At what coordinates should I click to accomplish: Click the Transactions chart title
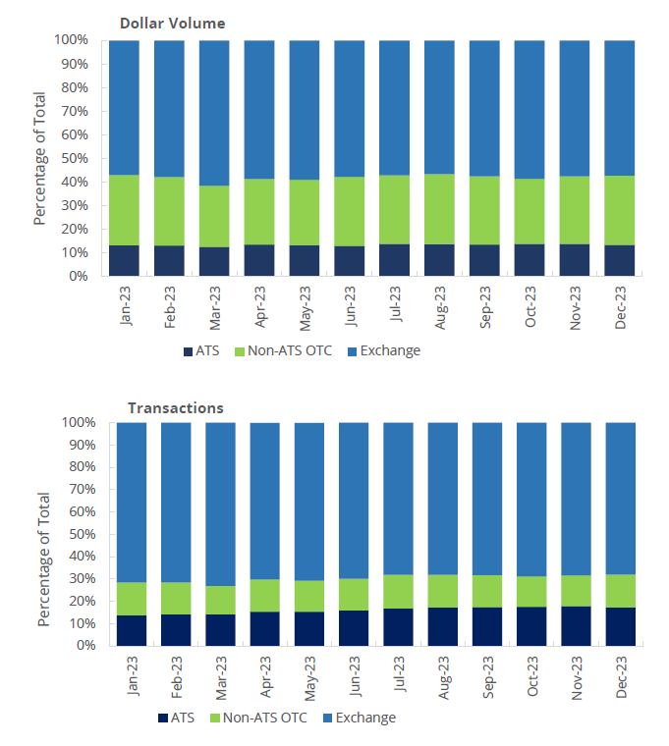[175, 407]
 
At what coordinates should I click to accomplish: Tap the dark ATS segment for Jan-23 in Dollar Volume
[124, 260]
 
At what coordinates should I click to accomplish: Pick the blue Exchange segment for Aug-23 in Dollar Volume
[439, 107]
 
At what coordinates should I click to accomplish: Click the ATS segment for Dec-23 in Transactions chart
[620, 626]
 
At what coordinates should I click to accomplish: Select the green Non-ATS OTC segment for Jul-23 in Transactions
[398, 591]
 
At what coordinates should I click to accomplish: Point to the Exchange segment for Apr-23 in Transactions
[264, 501]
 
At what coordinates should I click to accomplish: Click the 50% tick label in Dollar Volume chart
[75, 158]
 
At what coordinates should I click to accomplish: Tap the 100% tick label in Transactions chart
[80, 422]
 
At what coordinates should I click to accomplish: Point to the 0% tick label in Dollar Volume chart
[79, 276]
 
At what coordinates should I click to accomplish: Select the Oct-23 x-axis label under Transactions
[531, 674]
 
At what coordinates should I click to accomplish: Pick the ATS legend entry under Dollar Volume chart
[204, 350]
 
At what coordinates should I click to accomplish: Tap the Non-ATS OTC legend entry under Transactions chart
[257, 718]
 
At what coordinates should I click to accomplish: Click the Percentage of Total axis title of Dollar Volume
[40, 158]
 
